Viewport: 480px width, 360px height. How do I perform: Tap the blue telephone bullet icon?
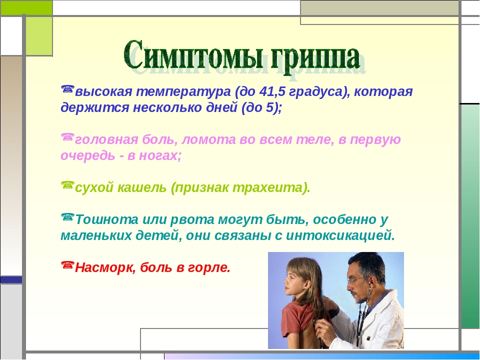(x=67, y=89)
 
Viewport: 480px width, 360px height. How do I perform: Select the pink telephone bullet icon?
(x=67, y=136)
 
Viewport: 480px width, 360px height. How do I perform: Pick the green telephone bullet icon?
(x=67, y=184)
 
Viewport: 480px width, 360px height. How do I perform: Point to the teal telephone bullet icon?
(x=67, y=216)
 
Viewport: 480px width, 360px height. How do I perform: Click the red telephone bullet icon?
(x=67, y=264)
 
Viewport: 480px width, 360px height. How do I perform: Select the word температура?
(x=183, y=92)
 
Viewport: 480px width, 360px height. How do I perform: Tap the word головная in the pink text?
(x=106, y=140)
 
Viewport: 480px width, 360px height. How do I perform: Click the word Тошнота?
(x=106, y=219)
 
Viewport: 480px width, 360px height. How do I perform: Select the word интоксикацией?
(x=340, y=235)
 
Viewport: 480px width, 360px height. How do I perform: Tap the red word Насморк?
(x=105, y=267)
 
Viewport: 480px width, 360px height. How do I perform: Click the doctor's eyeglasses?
(x=354, y=280)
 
